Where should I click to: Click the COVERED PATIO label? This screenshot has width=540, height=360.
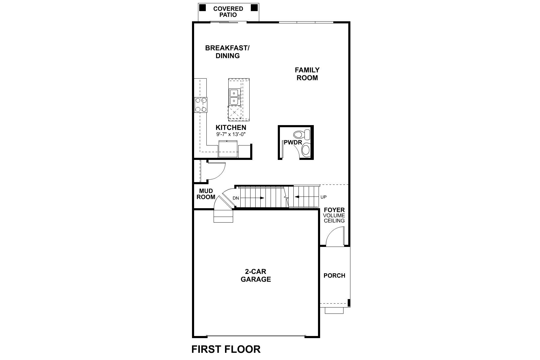point(228,12)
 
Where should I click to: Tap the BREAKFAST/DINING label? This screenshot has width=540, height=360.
point(227,52)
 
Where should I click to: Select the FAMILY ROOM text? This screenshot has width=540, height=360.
point(307,74)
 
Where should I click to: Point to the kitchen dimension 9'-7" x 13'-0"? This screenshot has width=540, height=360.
point(231,134)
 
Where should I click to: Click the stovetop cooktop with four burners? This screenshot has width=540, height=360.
point(201,105)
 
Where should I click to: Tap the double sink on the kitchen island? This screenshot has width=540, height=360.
point(234,97)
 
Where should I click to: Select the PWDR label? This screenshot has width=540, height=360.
point(292,142)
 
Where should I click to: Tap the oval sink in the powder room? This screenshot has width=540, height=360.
point(306,149)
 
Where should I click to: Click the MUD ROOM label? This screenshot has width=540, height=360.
point(206,194)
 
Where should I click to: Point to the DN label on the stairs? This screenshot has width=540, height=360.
point(236,198)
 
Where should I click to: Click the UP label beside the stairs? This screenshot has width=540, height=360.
point(323,197)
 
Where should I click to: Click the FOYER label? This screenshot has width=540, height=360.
point(334,210)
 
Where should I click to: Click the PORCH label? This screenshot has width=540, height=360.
point(334,275)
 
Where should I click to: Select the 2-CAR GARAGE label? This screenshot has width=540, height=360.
point(256,275)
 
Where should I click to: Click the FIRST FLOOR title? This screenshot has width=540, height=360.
point(226,349)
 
